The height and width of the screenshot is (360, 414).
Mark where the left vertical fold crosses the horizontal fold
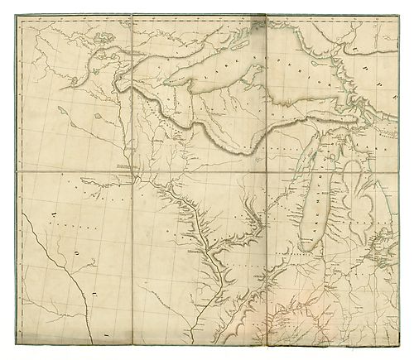click(x=132, y=172)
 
